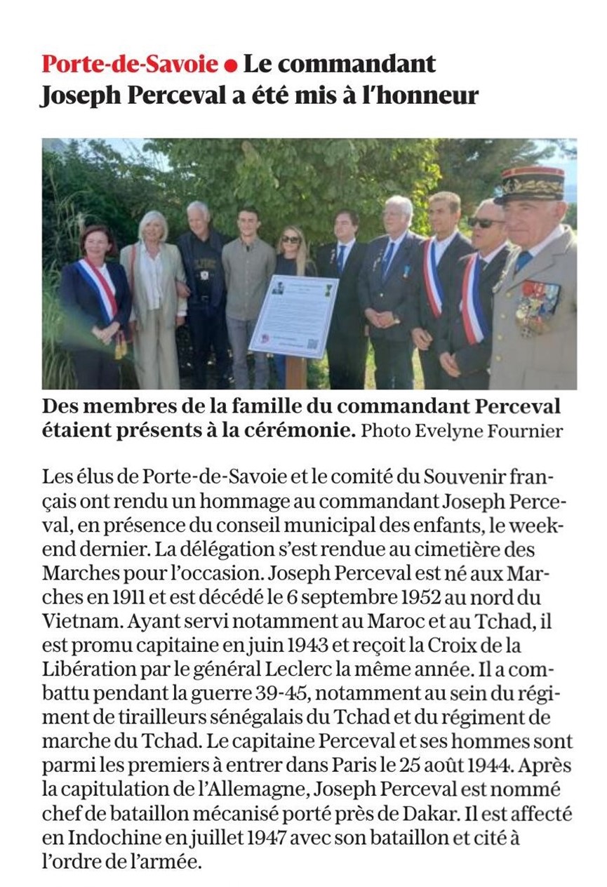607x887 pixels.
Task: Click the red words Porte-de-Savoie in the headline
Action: click(130, 65)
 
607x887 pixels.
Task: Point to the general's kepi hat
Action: click(531, 184)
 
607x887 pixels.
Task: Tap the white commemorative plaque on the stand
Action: click(294, 315)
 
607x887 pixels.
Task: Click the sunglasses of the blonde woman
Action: click(291, 239)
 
